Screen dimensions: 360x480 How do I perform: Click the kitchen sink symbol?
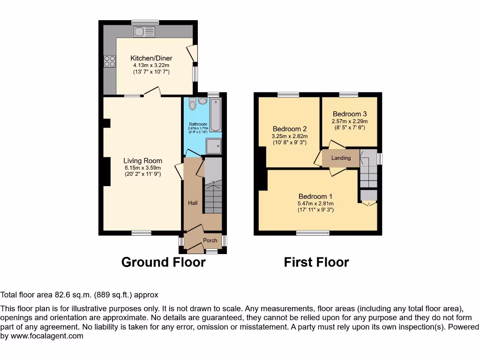pos(144,32)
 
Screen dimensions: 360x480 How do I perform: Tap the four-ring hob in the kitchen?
pos(110,61)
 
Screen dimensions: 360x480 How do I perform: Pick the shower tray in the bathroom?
pos(213,146)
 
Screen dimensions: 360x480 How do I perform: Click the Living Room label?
pos(143,161)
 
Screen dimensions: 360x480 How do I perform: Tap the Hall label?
pos(193,203)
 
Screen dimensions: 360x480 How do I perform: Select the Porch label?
pos(210,240)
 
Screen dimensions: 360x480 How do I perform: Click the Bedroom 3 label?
pos(349,114)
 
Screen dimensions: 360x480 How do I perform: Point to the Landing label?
pos(341,158)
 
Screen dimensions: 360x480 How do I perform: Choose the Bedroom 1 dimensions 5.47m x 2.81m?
pos(315,203)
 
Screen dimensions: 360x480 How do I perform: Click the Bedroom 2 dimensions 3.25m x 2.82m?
pos(290,136)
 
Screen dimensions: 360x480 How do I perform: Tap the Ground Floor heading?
pos(163,262)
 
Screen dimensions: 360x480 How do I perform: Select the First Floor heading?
pos(316,262)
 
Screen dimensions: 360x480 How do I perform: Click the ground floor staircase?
pos(212,192)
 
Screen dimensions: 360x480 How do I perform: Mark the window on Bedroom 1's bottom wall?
pos(313,233)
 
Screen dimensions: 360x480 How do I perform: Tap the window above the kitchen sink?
pos(145,22)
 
